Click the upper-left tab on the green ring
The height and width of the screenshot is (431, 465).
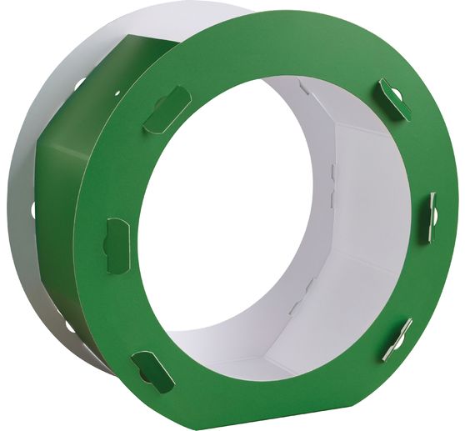point(167,109)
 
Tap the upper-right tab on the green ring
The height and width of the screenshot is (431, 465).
point(393,98)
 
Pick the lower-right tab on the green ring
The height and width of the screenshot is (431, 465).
point(397,338)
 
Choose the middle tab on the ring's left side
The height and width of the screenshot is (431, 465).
point(117,245)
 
